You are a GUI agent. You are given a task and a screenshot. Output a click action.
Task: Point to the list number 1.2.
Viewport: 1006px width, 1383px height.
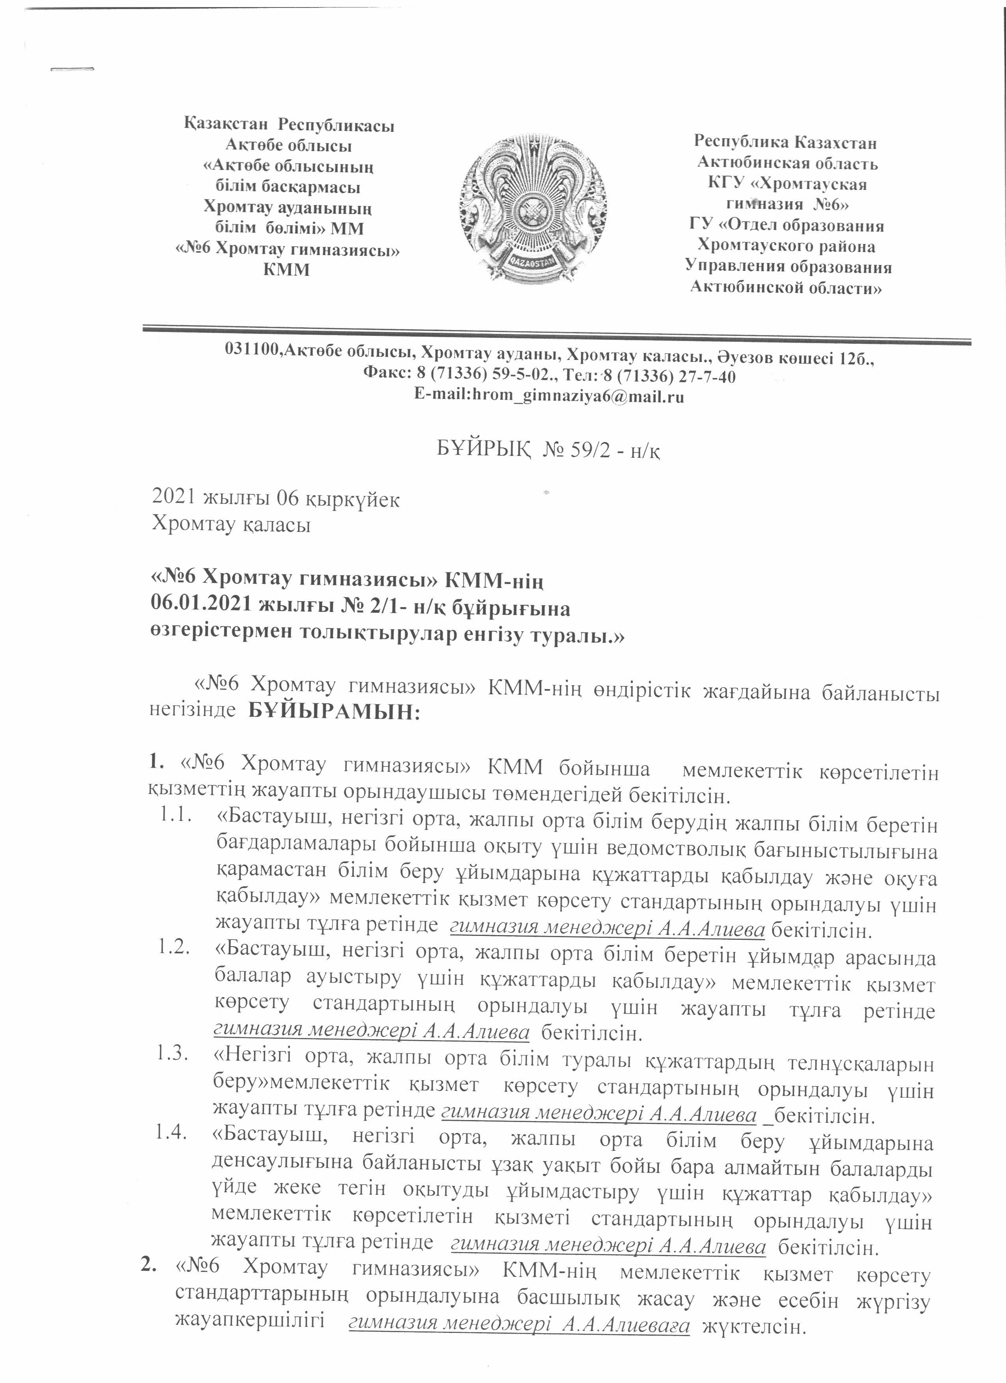[x=173, y=947]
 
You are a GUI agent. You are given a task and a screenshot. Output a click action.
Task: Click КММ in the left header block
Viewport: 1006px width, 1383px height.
[x=286, y=270]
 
